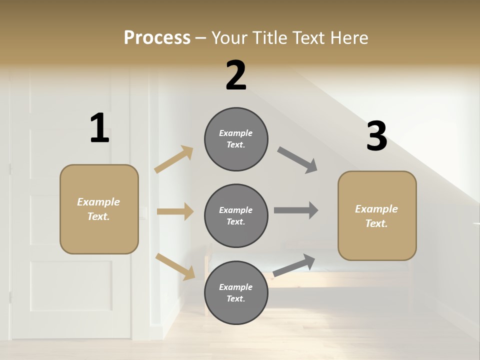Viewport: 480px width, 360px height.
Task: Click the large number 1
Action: click(x=99, y=128)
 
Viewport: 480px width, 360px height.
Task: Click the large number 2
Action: click(x=236, y=76)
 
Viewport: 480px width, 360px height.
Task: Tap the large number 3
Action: click(x=376, y=136)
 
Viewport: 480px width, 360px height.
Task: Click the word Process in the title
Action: click(x=157, y=37)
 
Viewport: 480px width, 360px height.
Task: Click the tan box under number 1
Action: click(x=99, y=209)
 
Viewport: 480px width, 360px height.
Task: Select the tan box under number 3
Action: click(x=377, y=215)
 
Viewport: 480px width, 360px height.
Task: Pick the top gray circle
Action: click(x=236, y=139)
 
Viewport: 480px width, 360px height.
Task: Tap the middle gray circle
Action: click(x=236, y=215)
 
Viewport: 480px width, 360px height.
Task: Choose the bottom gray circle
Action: click(x=236, y=292)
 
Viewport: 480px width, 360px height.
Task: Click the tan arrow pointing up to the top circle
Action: click(x=174, y=159)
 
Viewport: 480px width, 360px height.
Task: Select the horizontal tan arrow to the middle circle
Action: click(x=175, y=211)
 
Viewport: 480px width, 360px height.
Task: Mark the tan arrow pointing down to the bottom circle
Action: click(x=175, y=266)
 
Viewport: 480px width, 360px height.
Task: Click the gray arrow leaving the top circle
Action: click(x=297, y=160)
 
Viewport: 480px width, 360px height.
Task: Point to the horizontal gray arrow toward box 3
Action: click(x=296, y=210)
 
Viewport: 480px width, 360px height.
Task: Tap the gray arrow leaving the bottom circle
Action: click(x=294, y=265)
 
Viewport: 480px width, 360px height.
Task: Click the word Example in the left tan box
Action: click(x=98, y=202)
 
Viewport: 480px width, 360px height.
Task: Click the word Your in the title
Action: click(x=230, y=37)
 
